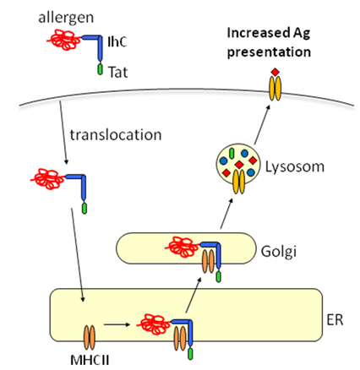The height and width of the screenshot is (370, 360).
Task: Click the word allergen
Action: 66,18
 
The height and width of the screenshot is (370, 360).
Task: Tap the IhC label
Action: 117,41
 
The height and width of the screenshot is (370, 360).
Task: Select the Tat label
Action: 118,72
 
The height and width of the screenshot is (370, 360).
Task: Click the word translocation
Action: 116,135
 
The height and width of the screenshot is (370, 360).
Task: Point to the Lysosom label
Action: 295,166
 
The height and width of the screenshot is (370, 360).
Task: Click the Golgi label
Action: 279,251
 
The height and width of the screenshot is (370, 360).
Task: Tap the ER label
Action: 335,320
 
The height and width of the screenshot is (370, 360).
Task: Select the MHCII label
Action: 90,360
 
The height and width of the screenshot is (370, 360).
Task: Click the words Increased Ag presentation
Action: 269,42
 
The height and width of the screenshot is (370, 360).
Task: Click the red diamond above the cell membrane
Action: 275,72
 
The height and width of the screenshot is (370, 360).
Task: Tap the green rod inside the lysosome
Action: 232,153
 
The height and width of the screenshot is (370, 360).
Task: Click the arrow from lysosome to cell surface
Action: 263,124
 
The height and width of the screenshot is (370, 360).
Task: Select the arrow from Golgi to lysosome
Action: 226,213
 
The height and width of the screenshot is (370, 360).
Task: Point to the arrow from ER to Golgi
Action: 194,295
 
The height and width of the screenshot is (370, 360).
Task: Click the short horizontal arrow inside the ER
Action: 117,324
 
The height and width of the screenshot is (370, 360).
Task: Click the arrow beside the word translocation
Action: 63,133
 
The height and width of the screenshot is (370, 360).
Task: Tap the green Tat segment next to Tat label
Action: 100,69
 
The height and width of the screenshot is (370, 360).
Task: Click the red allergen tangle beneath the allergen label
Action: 64,40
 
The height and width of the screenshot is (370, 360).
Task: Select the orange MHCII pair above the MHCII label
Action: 89,338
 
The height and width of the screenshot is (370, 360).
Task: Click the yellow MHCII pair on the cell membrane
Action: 275,89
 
